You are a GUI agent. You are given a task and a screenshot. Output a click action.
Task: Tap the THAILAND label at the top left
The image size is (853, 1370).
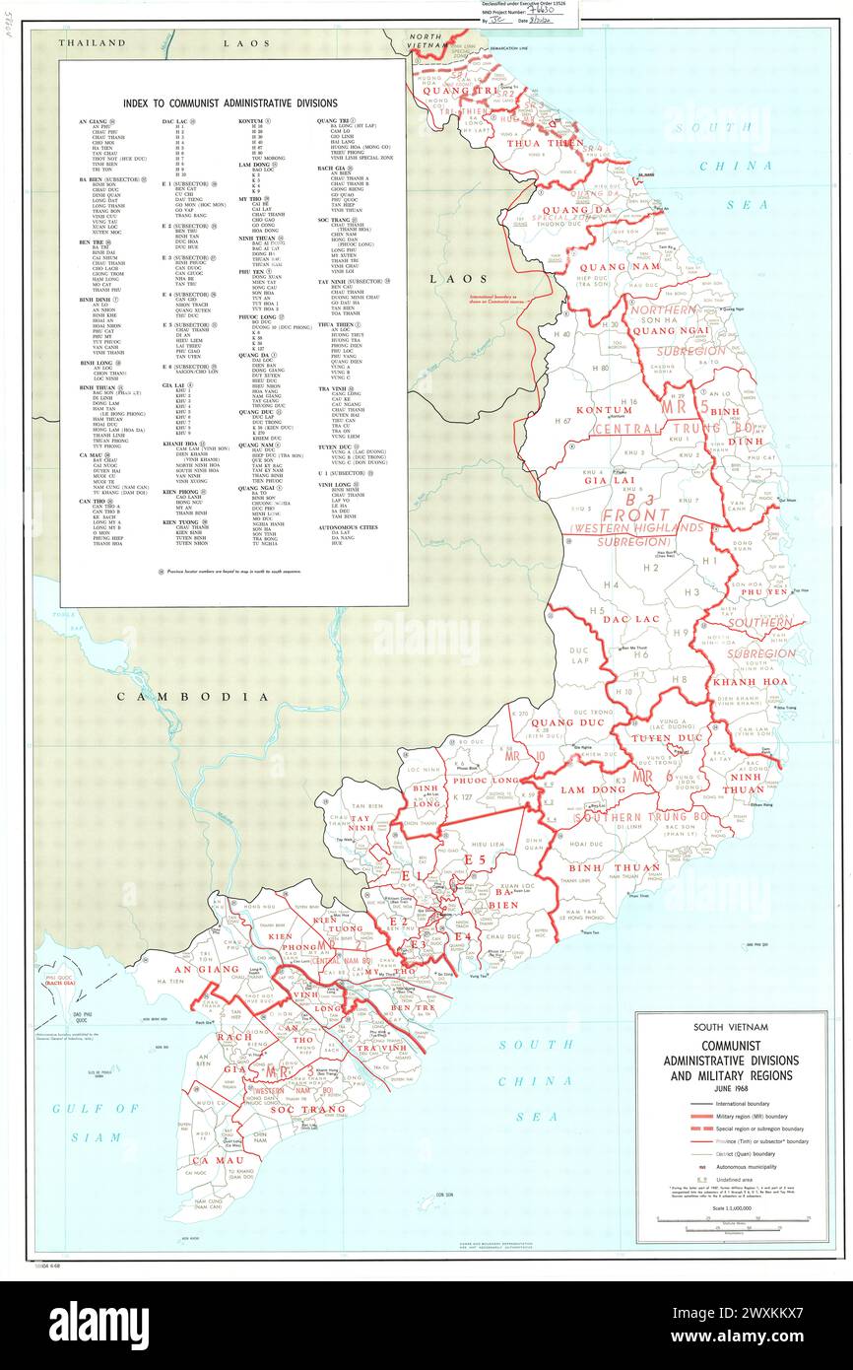click(93, 43)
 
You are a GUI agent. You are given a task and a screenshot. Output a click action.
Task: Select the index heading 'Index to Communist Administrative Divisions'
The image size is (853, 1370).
click(230, 103)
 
